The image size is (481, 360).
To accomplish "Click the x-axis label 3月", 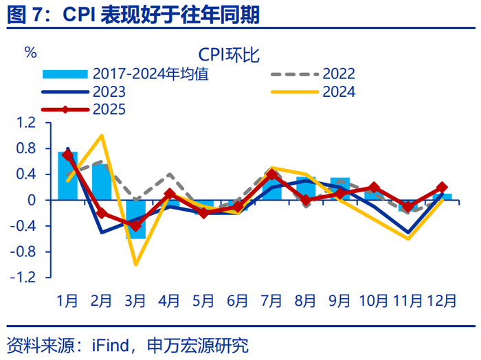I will (135, 300).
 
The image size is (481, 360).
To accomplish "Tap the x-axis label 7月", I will (271, 300).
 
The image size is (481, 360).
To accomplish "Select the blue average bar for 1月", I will (67, 176).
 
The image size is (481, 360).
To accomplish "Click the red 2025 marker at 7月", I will (271, 175).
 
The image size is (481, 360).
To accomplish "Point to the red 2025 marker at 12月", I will (441, 188).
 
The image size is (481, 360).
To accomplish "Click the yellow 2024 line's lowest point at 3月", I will (135, 265).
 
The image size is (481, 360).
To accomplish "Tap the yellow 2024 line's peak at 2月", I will (102, 135).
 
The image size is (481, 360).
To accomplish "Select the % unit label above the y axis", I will (30, 53).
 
